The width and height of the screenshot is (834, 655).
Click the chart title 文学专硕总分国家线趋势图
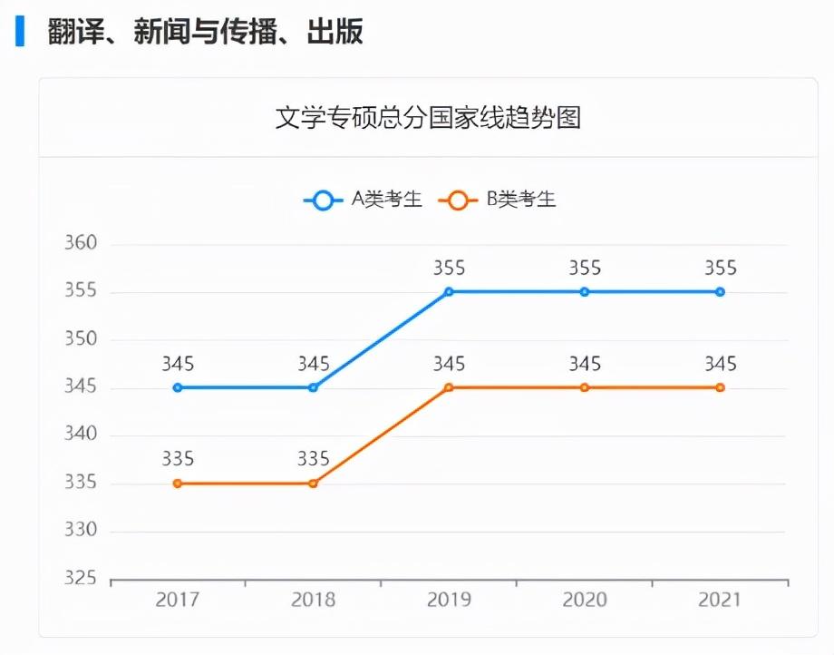coord(428,118)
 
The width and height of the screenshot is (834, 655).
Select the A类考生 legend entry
coord(364,200)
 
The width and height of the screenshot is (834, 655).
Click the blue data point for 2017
coord(178,387)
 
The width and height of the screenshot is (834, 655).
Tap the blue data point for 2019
coord(449,292)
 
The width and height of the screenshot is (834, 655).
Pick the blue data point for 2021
coord(720,292)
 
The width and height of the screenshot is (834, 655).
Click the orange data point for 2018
coord(313,484)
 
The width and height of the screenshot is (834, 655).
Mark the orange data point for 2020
coord(585,387)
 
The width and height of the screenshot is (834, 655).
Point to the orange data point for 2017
coord(178,484)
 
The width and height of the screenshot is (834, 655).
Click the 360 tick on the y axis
coord(81,244)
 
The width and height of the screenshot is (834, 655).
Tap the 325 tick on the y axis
coord(81,579)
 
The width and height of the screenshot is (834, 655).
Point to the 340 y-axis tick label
coord(81,435)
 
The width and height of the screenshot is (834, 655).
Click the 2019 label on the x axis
coord(449,600)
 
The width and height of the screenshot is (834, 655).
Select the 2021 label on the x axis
coord(720,600)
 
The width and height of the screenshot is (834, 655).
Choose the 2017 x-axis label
coord(178,600)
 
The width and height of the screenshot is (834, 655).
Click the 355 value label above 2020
coord(585,269)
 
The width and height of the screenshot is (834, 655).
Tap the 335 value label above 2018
coord(313,459)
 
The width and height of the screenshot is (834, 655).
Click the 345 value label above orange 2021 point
coord(720,365)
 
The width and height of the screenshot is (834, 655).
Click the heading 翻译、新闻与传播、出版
coord(206,33)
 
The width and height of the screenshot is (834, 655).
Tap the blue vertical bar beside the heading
coord(19,33)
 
